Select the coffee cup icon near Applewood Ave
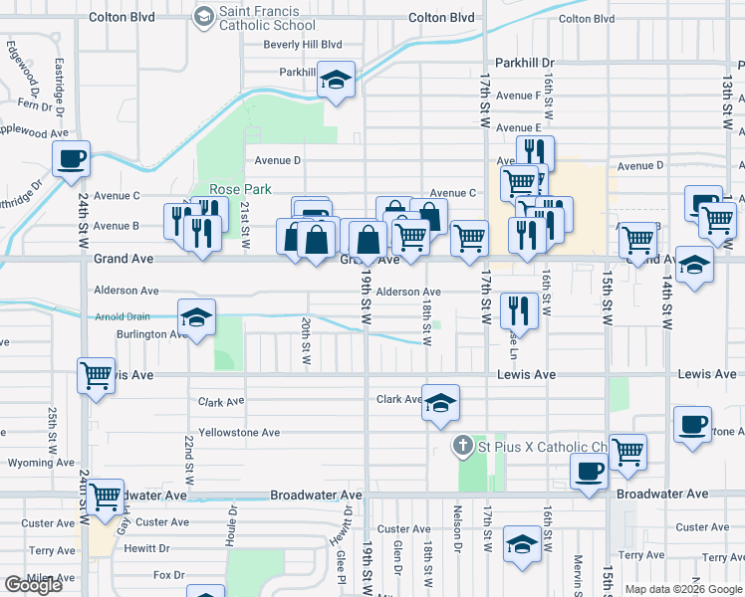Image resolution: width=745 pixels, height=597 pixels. [72, 159]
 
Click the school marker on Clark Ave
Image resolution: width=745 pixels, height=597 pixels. [440, 403]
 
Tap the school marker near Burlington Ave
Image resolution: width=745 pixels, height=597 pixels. [196, 318]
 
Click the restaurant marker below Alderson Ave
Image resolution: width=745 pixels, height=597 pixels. [520, 310]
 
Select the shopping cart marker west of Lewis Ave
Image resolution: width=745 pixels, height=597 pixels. [97, 377]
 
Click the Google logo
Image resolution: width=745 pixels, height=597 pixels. [33, 584]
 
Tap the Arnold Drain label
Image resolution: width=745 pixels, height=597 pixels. [123, 316]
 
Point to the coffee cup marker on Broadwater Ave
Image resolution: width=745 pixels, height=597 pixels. [589, 472]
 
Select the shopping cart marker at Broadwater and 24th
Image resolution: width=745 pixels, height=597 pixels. [105, 497]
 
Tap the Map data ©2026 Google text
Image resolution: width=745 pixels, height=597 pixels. [683, 589]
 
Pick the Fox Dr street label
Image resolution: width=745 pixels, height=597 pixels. [169, 575]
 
